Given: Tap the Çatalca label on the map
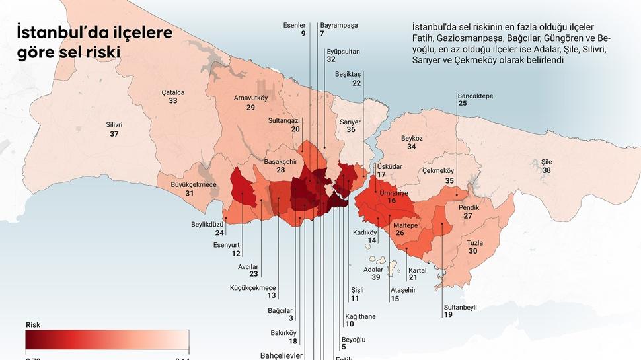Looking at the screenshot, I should pos(173,92).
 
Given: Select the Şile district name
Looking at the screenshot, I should pos(547,161).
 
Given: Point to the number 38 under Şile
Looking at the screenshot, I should pos(547,170).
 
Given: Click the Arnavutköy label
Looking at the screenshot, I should pos(250,98).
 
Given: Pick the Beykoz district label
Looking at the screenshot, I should pos(412,138).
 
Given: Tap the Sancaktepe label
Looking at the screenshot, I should pos(475,95).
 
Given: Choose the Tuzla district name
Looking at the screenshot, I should pos(475,242).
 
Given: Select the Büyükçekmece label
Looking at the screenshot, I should pos(194,184).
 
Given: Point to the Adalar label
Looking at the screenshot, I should pos(373,269).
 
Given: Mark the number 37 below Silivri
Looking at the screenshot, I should pos(114,134).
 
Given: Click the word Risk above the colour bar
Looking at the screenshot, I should pos(33,325).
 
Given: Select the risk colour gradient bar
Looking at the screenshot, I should pos(108,340).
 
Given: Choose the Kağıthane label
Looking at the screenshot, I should pos(360,316).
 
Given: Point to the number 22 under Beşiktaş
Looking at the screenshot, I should pos(357,83).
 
